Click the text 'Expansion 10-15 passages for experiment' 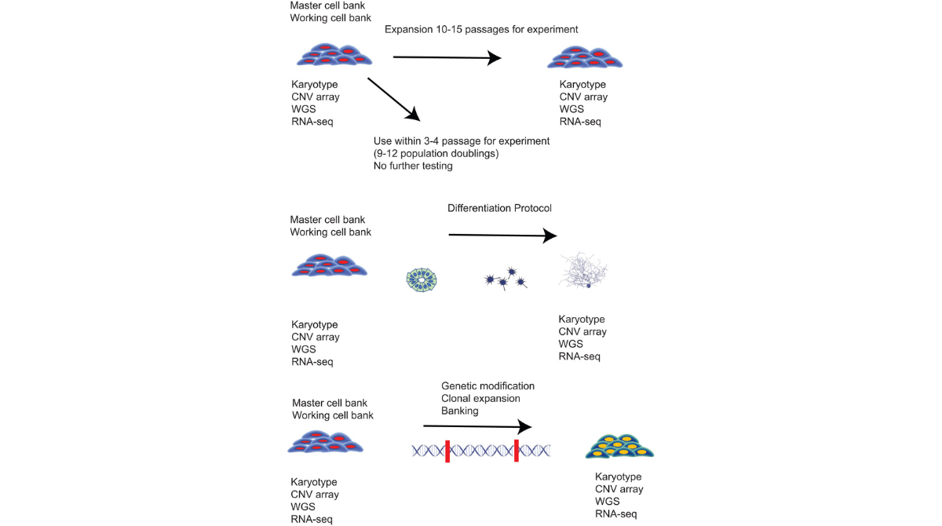[x=481, y=29]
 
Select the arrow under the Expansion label [x=446, y=57]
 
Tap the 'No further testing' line [x=413, y=166]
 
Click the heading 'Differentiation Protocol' [x=499, y=208]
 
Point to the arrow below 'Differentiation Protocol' [x=502, y=235]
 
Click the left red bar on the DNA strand [x=447, y=451]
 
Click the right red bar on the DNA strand [x=517, y=451]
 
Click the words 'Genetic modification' [x=487, y=386]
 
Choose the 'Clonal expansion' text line [x=480, y=399]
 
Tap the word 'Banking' [x=460, y=411]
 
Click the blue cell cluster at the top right [x=585, y=57]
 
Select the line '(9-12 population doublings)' [x=436, y=154]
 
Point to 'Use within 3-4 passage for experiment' [x=462, y=141]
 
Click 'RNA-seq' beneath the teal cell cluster [x=615, y=514]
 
